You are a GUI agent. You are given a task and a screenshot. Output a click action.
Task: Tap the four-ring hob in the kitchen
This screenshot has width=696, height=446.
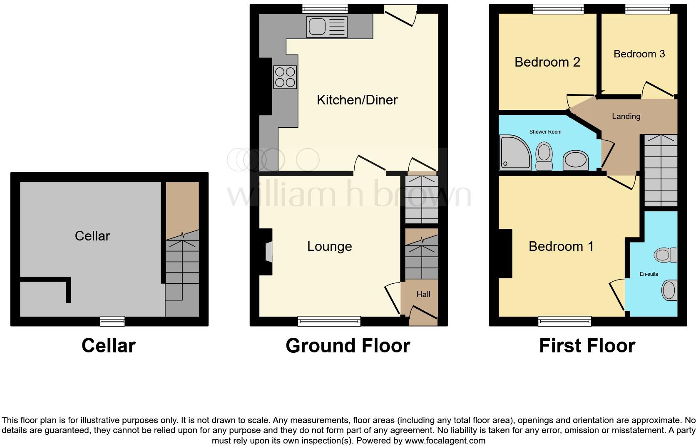click(x=285, y=77)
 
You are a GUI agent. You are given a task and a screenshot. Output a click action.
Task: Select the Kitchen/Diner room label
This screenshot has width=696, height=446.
click(x=357, y=100)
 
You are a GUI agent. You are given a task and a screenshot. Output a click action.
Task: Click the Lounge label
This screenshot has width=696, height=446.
click(x=329, y=246)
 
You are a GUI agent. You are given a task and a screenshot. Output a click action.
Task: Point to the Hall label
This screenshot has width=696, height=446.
click(x=423, y=294)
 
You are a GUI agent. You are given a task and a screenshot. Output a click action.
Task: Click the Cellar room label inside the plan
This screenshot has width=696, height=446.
click(x=92, y=236)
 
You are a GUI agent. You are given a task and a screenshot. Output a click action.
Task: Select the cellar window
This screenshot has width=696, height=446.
click(x=112, y=321)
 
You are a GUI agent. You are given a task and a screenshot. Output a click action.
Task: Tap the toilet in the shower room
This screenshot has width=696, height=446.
click(x=544, y=156)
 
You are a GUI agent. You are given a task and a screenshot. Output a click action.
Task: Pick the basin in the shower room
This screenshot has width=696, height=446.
click(x=575, y=160)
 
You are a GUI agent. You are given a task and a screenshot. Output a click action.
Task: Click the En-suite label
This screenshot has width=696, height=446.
click(x=649, y=274)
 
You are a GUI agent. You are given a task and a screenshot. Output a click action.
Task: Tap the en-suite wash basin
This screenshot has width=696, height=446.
click(x=669, y=290)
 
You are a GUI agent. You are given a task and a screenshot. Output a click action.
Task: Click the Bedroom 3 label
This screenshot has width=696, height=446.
click(x=639, y=54)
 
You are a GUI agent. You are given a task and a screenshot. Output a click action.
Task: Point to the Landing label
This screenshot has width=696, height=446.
click(x=626, y=116)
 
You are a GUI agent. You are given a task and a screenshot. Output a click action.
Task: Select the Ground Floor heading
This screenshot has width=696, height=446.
click(x=348, y=346)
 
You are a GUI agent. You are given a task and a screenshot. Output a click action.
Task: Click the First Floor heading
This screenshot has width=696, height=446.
click(x=587, y=346)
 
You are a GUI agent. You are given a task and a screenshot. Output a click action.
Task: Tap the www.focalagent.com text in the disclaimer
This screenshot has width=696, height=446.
click(x=445, y=441)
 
